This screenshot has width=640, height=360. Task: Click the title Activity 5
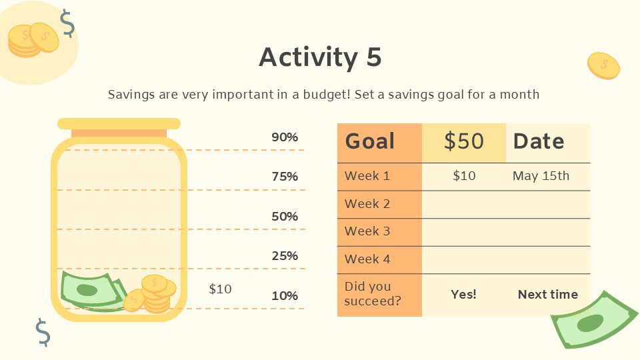pos(320,57)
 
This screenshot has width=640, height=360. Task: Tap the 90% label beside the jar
pos(285,137)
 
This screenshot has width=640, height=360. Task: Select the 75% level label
pos(285,177)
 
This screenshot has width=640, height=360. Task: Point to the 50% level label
pos(285,216)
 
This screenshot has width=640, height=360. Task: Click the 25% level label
pos(285,255)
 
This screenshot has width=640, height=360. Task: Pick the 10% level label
pos(285,295)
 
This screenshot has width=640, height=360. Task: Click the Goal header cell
pos(370,141)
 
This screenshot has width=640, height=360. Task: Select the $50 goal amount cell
pos(464,141)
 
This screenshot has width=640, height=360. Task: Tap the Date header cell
pos(539,141)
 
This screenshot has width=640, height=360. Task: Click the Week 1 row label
pos(367,176)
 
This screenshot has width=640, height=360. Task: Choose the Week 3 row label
pos(367,231)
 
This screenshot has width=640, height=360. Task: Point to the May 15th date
pos(541,176)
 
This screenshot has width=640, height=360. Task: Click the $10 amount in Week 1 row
pos(464,176)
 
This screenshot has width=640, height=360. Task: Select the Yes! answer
pos(464,294)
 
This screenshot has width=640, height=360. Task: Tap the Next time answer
pos(548,294)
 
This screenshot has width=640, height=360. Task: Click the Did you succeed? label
pos(373,293)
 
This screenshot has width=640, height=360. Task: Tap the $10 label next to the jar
pos(220,289)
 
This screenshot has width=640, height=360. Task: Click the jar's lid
pos(119,124)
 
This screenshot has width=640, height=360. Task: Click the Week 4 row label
pos(367,259)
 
